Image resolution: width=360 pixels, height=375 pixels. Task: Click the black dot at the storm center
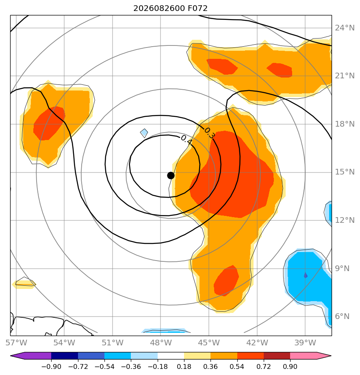(171, 176)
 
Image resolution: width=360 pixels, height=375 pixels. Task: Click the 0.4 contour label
(186, 140)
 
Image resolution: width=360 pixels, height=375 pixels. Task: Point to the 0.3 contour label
(209, 133)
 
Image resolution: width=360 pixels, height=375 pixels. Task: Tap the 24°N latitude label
(345, 28)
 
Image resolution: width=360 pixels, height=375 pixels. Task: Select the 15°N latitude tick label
(345, 172)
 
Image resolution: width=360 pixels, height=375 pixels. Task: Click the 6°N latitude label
(342, 317)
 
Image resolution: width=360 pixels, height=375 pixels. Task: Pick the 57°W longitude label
(16, 343)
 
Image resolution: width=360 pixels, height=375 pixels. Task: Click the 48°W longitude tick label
(161, 343)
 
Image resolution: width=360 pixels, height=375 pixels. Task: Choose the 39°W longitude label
(305, 343)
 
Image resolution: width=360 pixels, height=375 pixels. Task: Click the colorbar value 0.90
(290, 366)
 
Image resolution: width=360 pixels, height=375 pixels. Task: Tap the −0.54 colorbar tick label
(104, 366)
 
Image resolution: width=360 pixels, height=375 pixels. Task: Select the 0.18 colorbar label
(184, 366)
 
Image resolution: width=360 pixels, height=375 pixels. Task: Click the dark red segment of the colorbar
(277, 356)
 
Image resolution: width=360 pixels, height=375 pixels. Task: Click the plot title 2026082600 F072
(170, 9)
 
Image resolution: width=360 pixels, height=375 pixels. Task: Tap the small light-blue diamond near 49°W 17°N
(144, 133)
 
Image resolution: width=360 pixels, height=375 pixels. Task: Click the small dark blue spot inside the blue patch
(306, 275)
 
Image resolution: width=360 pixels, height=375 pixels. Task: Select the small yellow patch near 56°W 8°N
(24, 284)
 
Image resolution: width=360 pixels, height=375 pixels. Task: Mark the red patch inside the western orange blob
(49, 123)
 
